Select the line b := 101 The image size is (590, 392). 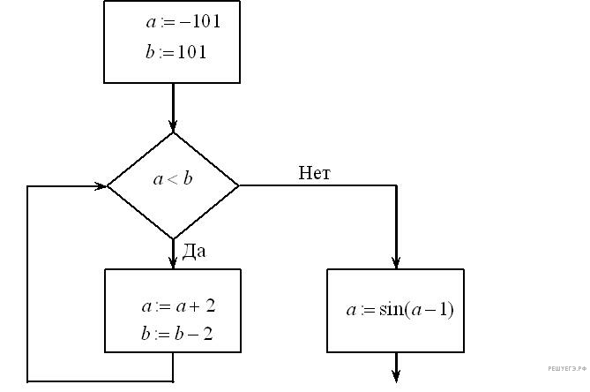[176, 52]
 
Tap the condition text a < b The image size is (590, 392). [173, 179]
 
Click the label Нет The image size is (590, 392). [314, 173]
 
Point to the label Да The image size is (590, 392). [194, 252]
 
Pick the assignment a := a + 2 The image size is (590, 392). [178, 306]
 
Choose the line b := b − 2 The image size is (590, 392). [178, 335]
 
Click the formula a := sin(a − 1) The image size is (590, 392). [400, 310]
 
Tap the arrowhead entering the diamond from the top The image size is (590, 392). [173, 124]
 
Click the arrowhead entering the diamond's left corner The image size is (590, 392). [100, 186]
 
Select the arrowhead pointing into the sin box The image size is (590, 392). [396, 261]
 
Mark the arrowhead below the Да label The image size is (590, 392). [173, 261]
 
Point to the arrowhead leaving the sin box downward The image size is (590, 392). [396, 378]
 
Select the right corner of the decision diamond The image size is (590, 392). [238, 186]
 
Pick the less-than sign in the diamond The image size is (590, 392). [172, 180]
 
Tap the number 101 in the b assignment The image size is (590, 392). [190, 52]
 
